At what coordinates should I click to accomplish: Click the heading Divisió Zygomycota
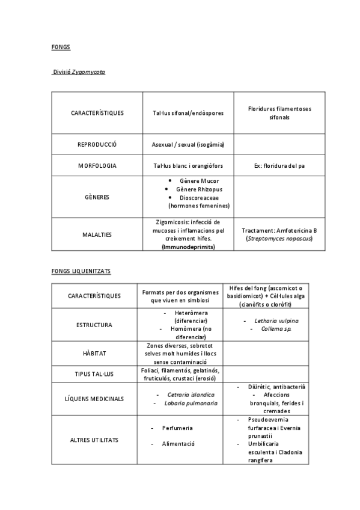click(x=79, y=72)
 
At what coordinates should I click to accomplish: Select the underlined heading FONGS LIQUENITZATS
click(x=81, y=272)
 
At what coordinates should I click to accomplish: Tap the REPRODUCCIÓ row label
click(x=97, y=144)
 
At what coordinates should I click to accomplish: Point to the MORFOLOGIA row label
click(x=97, y=165)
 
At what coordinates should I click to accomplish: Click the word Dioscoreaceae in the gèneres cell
click(x=199, y=197)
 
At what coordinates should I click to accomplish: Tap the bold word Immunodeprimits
click(x=188, y=247)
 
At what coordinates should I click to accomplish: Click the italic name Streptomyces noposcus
click(x=279, y=239)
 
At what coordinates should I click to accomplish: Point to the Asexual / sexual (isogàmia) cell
click(x=188, y=144)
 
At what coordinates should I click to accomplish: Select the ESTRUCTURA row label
click(x=94, y=325)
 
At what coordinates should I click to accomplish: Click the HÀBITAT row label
click(x=94, y=354)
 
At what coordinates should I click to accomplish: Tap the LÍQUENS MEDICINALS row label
click(x=94, y=399)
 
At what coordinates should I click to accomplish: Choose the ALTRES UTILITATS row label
click(x=94, y=440)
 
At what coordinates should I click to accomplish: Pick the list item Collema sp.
click(x=276, y=329)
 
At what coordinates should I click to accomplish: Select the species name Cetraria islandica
click(x=191, y=395)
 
